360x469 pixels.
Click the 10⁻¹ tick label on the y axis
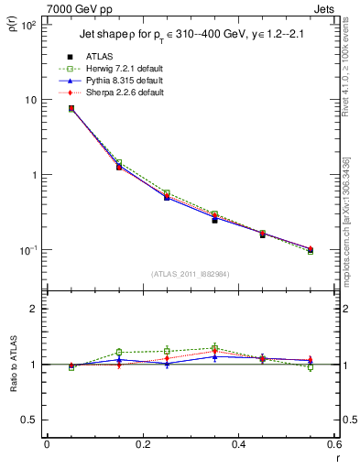(x=28, y=250)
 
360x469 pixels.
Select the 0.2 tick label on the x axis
(x=142, y=444)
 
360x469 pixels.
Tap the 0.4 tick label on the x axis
(x=238, y=444)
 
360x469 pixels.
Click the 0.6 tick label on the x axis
(x=333, y=444)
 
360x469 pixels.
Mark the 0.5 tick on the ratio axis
(x=31, y=420)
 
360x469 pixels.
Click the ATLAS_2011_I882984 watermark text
(x=191, y=274)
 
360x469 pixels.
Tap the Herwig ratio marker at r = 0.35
(x=214, y=348)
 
